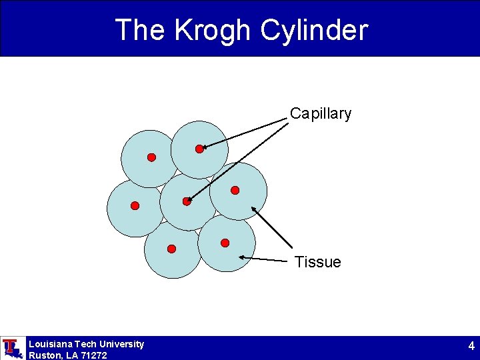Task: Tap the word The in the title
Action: pos(140,30)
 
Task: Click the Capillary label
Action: pos(320,114)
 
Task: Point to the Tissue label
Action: pos(317,263)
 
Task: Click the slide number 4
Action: pos(471,346)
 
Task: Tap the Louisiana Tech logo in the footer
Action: pos(11,348)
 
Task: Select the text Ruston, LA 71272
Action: pos(67,355)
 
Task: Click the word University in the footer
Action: pos(121,344)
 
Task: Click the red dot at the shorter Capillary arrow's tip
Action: pos(199,149)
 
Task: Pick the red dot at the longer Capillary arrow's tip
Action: pos(187,201)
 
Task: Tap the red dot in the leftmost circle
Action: pos(135,206)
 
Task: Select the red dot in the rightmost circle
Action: pos(235,190)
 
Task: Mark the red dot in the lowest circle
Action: pos(171,249)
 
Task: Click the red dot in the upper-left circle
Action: pos(151,157)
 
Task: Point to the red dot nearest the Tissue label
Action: pos(225,243)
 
